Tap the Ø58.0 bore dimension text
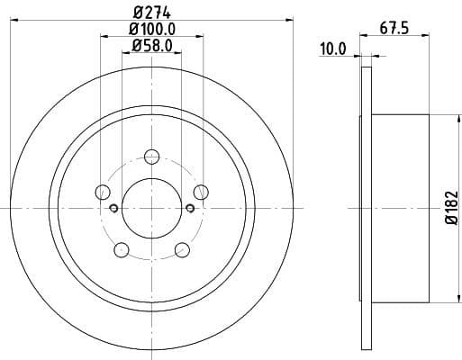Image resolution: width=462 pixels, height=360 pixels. click(x=151, y=45)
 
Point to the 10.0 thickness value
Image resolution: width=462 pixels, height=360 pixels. click(x=332, y=49)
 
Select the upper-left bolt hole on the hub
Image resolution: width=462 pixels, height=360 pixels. click(x=102, y=191)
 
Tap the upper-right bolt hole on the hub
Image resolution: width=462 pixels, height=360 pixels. click(x=201, y=191)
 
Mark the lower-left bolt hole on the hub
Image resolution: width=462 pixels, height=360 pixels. click(x=121, y=249)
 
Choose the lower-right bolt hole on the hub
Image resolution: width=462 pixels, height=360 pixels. click(x=182, y=249)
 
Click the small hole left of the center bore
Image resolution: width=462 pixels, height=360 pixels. click(x=113, y=209)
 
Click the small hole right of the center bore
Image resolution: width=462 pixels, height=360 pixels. click(x=189, y=209)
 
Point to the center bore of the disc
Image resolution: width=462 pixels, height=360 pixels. click(x=151, y=207)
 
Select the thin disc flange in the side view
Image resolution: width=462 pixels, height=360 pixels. click(x=366, y=207)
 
